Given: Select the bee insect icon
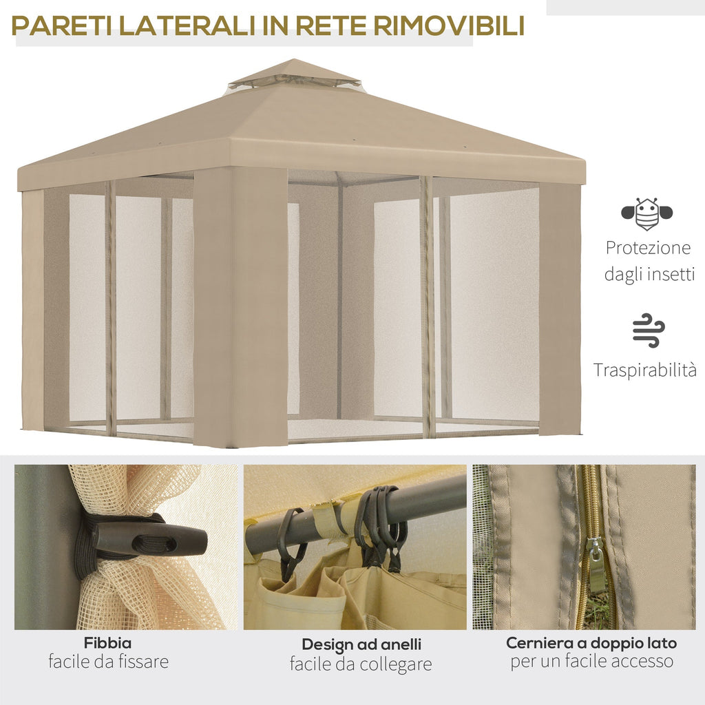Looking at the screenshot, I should pyautogui.click(x=646, y=214).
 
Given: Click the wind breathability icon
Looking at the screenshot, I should pyautogui.click(x=648, y=330).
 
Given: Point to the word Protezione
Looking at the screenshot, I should pyautogui.click(x=647, y=248).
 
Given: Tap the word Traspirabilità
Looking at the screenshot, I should pyautogui.click(x=645, y=370).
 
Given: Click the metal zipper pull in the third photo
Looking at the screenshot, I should pyautogui.click(x=596, y=565).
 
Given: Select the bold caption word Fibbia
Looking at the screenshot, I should pyautogui.click(x=108, y=643).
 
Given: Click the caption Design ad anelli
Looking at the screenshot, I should pyautogui.click(x=361, y=645).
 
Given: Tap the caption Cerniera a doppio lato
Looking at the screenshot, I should pyautogui.click(x=591, y=643).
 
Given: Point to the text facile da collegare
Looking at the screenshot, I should pyautogui.click(x=361, y=664).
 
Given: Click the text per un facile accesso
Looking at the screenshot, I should pyautogui.click(x=591, y=662).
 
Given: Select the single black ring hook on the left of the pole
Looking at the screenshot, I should pyautogui.click(x=291, y=541).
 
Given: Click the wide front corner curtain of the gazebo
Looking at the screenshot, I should pyautogui.click(x=240, y=306).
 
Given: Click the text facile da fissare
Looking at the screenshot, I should pyautogui.click(x=108, y=662).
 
